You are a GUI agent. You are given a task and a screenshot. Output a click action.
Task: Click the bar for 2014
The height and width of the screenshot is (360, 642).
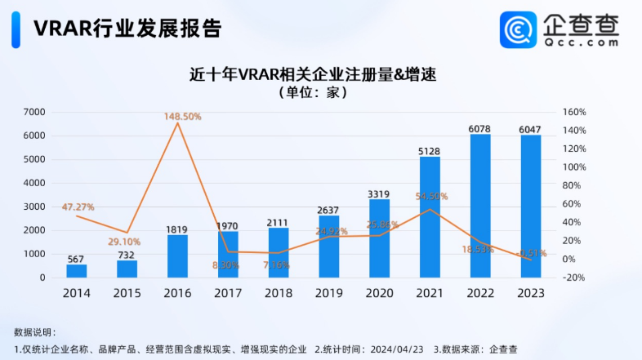click(x=76, y=270)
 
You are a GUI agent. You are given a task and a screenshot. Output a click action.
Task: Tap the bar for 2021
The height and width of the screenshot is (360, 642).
click(x=430, y=216)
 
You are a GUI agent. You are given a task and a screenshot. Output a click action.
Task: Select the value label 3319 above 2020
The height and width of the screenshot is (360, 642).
click(x=379, y=193)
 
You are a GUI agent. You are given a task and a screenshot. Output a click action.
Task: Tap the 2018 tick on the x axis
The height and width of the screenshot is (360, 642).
click(x=279, y=291)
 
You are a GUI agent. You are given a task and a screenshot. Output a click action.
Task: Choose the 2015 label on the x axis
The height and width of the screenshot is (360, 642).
click(x=127, y=291)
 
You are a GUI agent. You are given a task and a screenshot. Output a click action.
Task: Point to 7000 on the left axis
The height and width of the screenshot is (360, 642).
click(x=34, y=112)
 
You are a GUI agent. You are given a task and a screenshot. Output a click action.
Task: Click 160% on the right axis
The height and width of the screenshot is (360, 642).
click(x=575, y=112)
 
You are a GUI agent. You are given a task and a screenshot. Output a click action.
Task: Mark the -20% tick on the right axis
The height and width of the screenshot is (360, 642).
click(x=575, y=278)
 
